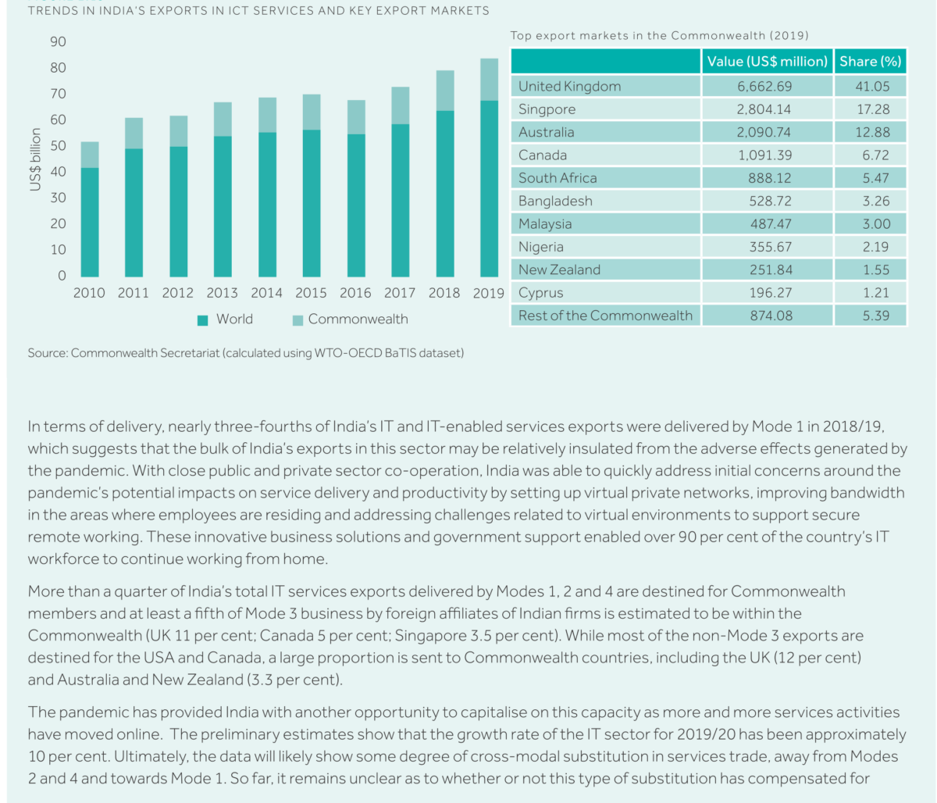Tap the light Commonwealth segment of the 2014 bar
tap(267, 115)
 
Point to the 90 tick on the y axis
tap(59, 42)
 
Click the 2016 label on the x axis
tap(355, 294)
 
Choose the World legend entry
tap(225, 319)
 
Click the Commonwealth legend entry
tap(349, 319)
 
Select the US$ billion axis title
tap(35, 160)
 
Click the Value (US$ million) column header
tap(767, 62)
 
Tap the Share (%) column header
tap(870, 62)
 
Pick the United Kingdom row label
tap(569, 87)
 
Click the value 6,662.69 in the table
tap(764, 87)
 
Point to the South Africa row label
tap(557, 178)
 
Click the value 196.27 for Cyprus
tap(770, 293)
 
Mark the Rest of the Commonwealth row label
tap(605, 316)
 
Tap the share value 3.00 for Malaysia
tap(875, 224)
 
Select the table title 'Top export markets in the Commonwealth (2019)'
tap(659, 36)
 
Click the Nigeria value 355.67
tap(770, 247)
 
